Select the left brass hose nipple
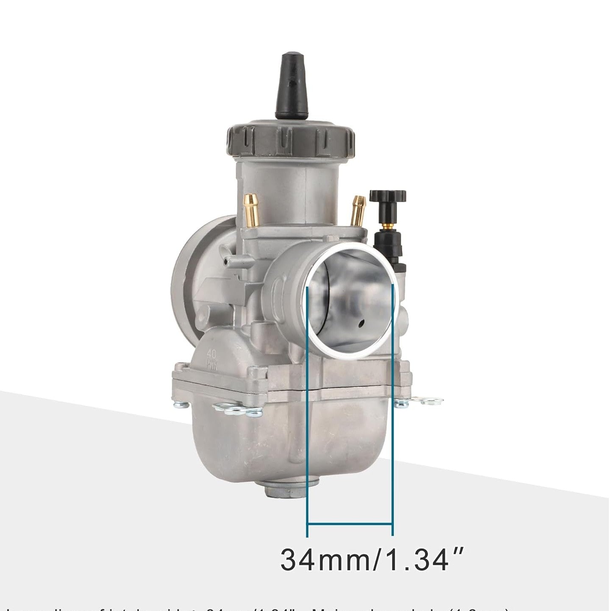click(250, 210)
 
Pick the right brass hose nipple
click(358, 210)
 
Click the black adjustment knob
click(387, 197)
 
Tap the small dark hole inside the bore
click(361, 323)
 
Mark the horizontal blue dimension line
click(350, 524)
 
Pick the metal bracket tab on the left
click(237, 409)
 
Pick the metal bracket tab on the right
click(424, 401)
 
